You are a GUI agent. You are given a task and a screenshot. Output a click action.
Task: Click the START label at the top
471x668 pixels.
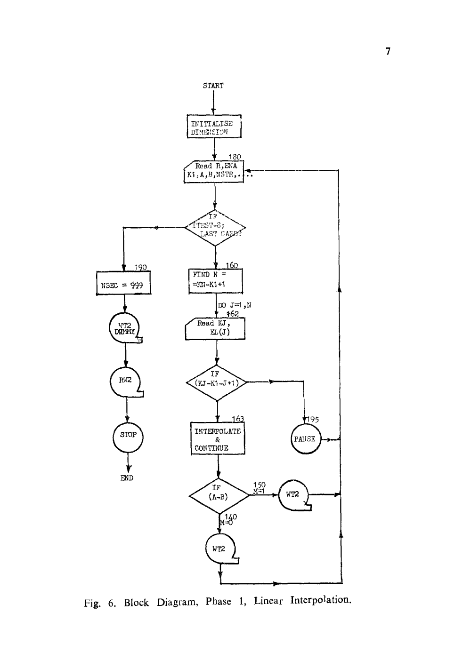(x=213, y=86)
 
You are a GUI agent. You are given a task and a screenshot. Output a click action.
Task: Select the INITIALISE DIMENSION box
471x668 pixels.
(x=214, y=127)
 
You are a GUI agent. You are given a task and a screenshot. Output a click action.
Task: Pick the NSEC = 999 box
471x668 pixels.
(x=123, y=283)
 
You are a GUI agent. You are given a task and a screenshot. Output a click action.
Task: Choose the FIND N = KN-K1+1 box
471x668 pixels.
(x=215, y=281)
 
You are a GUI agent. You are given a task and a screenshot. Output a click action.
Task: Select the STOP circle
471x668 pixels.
(x=128, y=435)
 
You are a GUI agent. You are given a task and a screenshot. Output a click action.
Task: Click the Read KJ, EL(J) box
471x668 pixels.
(x=216, y=328)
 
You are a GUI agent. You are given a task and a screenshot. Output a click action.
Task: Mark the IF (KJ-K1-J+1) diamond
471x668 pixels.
(x=217, y=382)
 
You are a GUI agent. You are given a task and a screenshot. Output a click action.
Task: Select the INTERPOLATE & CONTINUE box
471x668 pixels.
(x=218, y=439)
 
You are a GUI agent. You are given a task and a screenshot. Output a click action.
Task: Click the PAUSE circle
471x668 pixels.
(x=305, y=439)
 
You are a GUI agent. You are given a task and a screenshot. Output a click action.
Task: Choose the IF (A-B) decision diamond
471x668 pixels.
(x=219, y=494)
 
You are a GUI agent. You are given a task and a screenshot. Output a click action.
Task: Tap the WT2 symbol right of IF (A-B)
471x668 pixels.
(x=293, y=494)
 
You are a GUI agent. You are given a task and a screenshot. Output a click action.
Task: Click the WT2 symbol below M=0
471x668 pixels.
(x=220, y=549)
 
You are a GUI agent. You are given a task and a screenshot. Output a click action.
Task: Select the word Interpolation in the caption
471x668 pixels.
(x=321, y=601)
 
